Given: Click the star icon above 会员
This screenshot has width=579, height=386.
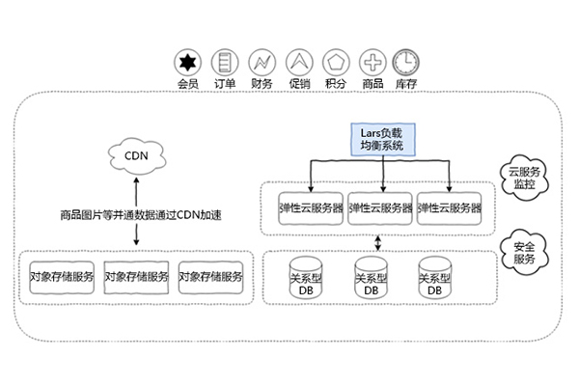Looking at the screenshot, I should pos(187,63).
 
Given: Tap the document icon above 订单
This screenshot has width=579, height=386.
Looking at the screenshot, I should pos(224,63).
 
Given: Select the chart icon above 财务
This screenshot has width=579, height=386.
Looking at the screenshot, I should pos(261,63).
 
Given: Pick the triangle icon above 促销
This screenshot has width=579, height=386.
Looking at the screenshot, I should pos(298,63).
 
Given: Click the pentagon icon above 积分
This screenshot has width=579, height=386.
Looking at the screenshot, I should pos(334,63).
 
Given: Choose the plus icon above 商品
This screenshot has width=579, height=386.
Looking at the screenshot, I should pos(371,63).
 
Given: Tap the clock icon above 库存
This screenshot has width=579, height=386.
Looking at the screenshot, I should pos(406,63).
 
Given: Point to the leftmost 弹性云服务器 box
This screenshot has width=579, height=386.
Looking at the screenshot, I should pos(310,207).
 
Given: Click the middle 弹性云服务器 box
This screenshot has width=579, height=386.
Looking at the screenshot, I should pos(381,207).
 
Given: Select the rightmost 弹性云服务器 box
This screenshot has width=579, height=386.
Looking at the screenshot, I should pos(450,207).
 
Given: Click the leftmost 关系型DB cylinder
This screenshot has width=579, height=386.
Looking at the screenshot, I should pos(307,278).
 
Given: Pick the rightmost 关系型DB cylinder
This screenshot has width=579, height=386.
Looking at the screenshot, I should pos(434,278).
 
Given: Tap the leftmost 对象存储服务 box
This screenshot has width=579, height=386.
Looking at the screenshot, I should pos(61,276).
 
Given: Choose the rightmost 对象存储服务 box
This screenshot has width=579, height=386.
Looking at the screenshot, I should pos(210,276).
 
